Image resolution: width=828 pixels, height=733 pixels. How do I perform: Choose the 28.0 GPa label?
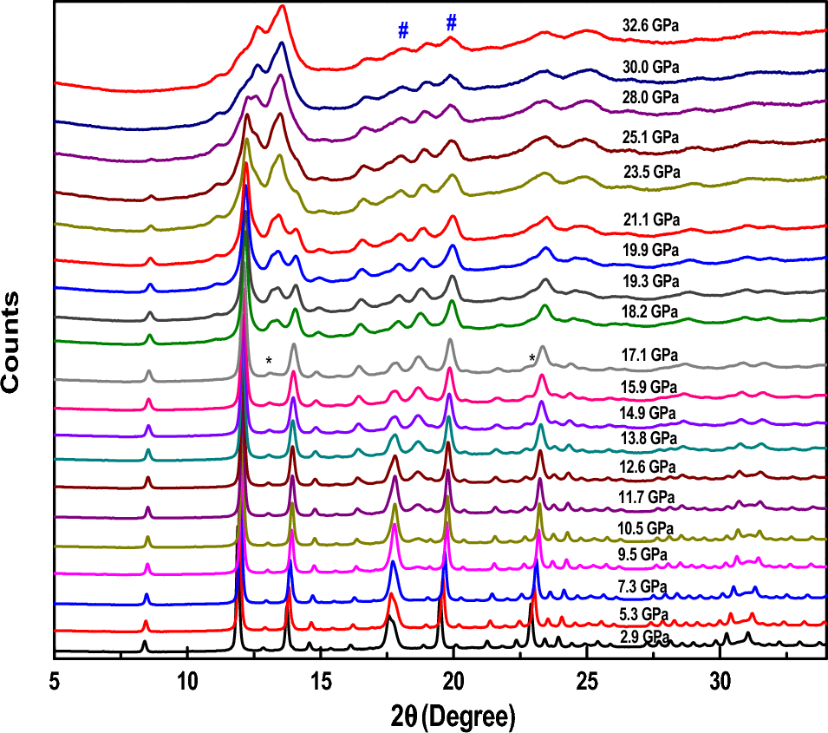tap(649, 96)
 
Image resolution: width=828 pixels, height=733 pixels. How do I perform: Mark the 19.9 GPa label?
tap(649, 250)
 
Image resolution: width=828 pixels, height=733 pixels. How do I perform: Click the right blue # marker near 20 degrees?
tap(451, 24)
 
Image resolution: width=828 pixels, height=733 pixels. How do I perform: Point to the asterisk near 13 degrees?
tap(269, 361)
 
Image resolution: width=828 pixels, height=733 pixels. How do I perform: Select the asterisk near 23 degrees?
tap(531, 358)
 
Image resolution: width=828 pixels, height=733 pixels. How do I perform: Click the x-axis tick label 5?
tap(55, 682)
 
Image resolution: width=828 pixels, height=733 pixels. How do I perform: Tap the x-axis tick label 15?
tap(321, 682)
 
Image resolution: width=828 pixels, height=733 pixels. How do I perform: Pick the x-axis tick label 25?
tap(587, 682)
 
